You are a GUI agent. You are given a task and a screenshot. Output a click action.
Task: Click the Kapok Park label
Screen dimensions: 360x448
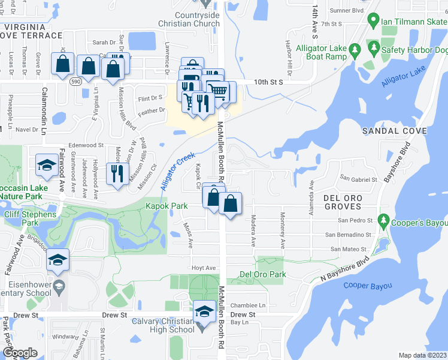pos(167,206)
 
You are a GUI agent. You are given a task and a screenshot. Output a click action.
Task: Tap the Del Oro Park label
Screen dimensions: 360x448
pos(262,275)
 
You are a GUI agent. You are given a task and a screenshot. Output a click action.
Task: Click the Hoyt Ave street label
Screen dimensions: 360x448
pos(202,268)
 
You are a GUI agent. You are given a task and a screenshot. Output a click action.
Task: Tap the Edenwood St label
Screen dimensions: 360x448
pos(86,145)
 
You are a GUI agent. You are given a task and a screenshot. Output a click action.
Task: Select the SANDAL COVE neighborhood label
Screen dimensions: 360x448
pos(393,131)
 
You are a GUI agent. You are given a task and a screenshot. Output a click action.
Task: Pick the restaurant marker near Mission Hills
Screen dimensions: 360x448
pos(116,173)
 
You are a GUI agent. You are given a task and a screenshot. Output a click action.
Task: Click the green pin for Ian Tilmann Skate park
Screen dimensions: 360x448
pos(374,22)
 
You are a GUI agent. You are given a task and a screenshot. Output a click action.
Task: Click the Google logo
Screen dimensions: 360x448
pos(20,353)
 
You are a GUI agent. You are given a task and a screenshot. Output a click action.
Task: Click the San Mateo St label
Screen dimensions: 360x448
pos(344,249)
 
